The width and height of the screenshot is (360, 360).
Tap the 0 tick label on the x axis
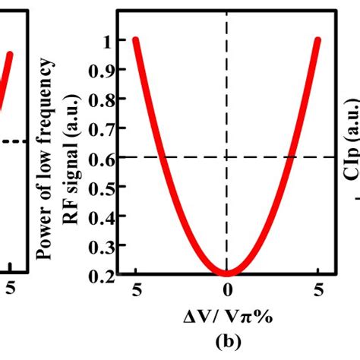coord(227,289)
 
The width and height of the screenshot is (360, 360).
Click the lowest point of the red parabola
coord(227,273)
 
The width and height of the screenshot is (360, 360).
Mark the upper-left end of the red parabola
coord(136,40)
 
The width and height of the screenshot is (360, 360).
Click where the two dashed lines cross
coord(227,157)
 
